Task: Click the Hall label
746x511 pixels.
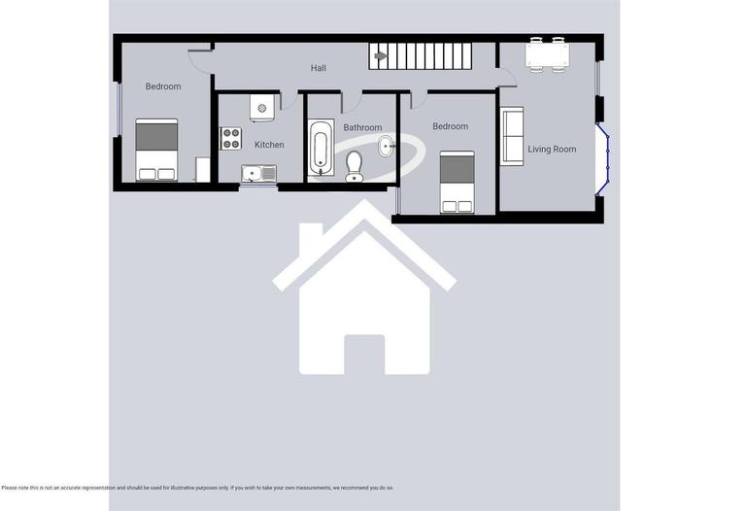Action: [319, 68]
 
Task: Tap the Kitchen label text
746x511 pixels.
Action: [269, 145]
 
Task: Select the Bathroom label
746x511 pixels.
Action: [362, 127]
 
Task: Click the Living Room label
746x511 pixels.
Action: [553, 150]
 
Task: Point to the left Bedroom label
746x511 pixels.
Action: [163, 86]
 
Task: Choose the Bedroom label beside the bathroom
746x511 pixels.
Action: [450, 126]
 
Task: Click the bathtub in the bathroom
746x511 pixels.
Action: [322, 149]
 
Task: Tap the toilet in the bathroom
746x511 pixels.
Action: [354, 166]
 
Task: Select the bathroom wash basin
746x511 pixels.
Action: [386, 148]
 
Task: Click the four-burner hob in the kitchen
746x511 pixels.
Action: [231, 139]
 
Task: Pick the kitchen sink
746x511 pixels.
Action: [258, 174]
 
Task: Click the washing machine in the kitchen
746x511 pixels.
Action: [261, 107]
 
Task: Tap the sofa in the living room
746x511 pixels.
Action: [511, 136]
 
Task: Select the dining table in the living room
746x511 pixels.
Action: [546, 54]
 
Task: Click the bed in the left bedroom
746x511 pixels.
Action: [155, 150]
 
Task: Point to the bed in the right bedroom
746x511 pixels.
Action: [457, 182]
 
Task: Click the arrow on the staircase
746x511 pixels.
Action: [381, 56]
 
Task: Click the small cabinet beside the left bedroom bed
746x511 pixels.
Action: [202, 170]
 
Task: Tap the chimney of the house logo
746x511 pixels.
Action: [310, 238]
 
